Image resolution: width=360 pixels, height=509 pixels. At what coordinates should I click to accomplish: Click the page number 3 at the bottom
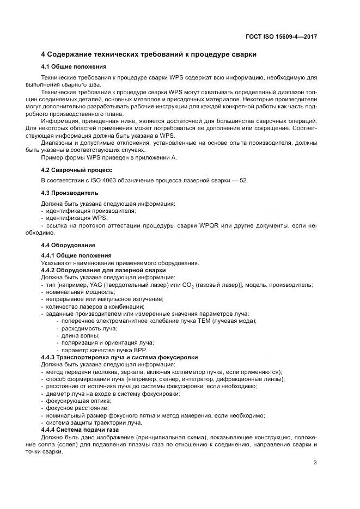(x=315, y=463)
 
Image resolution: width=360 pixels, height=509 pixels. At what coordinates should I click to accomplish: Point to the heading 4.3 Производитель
(x=70, y=193)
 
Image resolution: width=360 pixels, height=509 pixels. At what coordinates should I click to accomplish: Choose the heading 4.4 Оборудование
(x=68, y=245)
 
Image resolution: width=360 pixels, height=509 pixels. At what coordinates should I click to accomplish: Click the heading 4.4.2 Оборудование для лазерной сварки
(x=103, y=270)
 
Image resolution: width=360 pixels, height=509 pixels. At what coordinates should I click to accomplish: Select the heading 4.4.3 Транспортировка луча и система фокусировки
(x=119, y=357)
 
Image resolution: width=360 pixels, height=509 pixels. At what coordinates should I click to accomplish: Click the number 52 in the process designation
(x=243, y=180)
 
